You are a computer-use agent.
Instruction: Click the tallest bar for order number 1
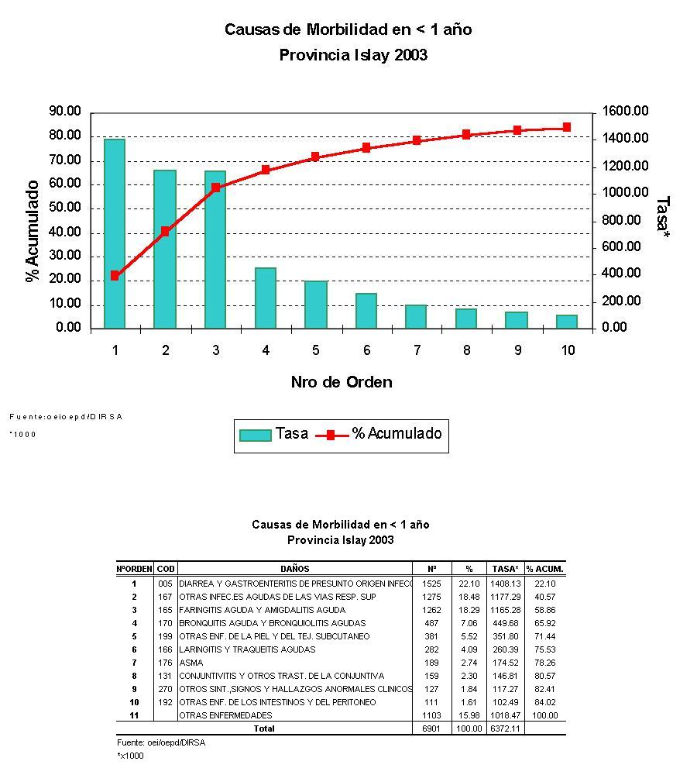pos(115,232)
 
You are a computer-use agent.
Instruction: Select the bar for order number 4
pos(266,298)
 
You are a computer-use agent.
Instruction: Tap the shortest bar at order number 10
pos(567,322)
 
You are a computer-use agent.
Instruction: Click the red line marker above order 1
pos(115,275)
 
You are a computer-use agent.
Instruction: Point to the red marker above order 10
pos(567,127)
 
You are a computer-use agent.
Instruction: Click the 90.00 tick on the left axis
pos(64,112)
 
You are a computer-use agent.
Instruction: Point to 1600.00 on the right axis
pos(625,112)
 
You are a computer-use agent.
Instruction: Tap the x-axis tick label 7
pos(417,350)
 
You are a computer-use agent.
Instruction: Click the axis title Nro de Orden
pos(342,382)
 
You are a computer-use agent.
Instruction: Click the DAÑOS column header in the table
pos(295,569)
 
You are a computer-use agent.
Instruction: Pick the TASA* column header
pos(505,569)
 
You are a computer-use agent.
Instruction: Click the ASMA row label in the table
pos(191,663)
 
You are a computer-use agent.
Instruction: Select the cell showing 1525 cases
pos(431,584)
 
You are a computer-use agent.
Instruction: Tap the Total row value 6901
pos(431,728)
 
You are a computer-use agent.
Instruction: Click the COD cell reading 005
pos(165,584)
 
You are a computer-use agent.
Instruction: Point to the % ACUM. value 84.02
pos(544,702)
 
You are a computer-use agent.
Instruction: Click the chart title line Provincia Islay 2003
pos(352,56)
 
